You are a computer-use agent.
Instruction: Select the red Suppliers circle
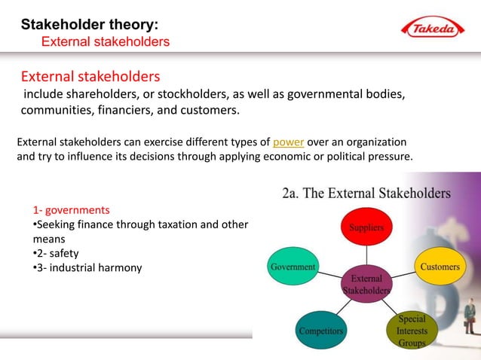click(365, 227)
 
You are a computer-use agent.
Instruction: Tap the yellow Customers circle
click(440, 267)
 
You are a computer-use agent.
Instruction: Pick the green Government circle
click(293, 267)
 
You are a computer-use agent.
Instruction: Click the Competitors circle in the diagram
click(321, 330)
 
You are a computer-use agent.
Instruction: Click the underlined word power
click(288, 142)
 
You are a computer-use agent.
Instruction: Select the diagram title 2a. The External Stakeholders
click(366, 193)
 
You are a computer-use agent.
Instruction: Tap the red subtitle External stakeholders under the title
click(105, 41)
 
